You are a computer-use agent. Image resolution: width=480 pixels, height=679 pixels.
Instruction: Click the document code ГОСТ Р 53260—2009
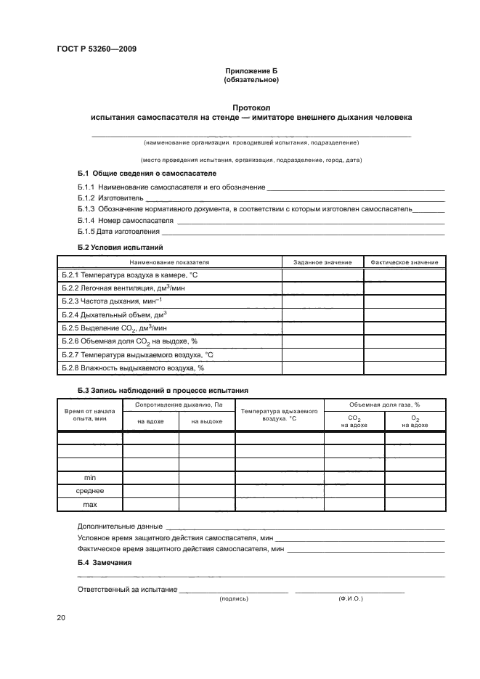[97, 49]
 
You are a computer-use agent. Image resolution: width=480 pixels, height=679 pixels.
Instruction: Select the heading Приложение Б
[251, 70]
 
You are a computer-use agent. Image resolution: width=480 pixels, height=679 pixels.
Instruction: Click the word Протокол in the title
[251, 107]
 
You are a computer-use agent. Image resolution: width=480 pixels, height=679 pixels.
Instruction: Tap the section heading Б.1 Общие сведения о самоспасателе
[147, 174]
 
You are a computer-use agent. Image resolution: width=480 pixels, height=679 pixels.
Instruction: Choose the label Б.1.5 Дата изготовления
[118, 231]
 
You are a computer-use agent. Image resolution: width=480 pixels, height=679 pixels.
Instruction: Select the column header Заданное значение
[322, 262]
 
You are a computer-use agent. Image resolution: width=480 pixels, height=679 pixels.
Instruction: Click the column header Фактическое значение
[404, 262]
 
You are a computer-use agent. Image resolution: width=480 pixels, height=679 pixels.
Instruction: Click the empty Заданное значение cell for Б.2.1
[322, 275]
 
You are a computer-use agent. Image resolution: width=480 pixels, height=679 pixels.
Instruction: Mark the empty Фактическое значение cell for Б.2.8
[404, 367]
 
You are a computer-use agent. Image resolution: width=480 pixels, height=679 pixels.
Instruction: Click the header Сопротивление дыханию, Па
[178, 404]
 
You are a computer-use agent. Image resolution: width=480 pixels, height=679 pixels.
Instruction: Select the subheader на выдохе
[206, 421]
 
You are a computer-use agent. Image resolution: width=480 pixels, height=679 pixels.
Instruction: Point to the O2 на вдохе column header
[415, 421]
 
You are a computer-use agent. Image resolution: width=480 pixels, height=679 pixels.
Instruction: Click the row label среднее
[90, 491]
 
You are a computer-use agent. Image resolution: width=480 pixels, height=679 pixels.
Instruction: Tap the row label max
[90, 504]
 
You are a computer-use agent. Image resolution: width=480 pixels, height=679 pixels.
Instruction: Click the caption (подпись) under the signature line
[234, 599]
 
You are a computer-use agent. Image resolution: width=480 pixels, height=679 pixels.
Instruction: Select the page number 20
[61, 617]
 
